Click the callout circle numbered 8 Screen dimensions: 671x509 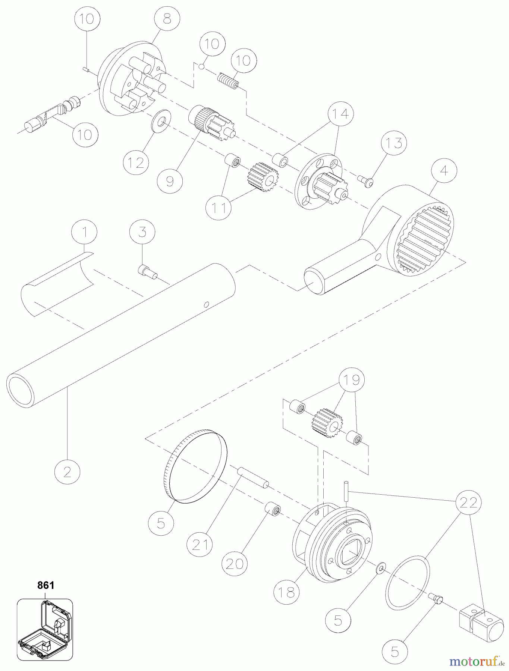coord(167,19)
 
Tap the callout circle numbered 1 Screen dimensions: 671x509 coord(84,232)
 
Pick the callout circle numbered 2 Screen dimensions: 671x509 coord(67,472)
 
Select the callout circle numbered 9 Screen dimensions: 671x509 coord(170,181)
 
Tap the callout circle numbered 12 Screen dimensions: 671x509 coord(136,163)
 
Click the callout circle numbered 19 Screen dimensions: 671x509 coord(351,380)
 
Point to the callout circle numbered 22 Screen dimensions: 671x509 coord(468,503)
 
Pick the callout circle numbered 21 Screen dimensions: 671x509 coord(200,545)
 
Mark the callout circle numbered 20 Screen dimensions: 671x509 coord(234,564)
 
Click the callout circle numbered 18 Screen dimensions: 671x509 coord(286,592)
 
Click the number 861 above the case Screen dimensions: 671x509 coord(46,585)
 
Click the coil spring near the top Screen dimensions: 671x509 coord(228,81)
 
